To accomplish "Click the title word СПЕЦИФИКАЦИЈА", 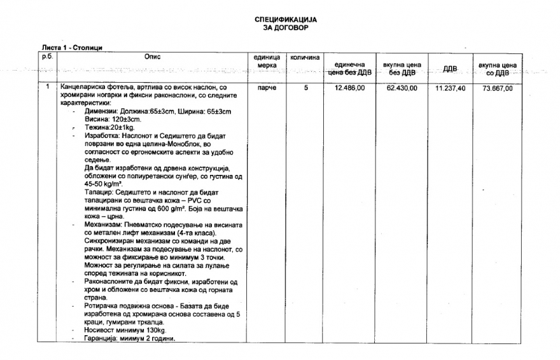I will [285, 20].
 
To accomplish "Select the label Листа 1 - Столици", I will [72, 48].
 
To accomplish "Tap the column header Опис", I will [153, 57].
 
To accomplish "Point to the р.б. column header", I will [47, 57].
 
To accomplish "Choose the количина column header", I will [305, 57].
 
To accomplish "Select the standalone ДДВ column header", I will [450, 69].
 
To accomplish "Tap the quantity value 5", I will [305, 88].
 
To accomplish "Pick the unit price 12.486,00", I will [349, 88].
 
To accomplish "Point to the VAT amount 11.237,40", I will [450, 88].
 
